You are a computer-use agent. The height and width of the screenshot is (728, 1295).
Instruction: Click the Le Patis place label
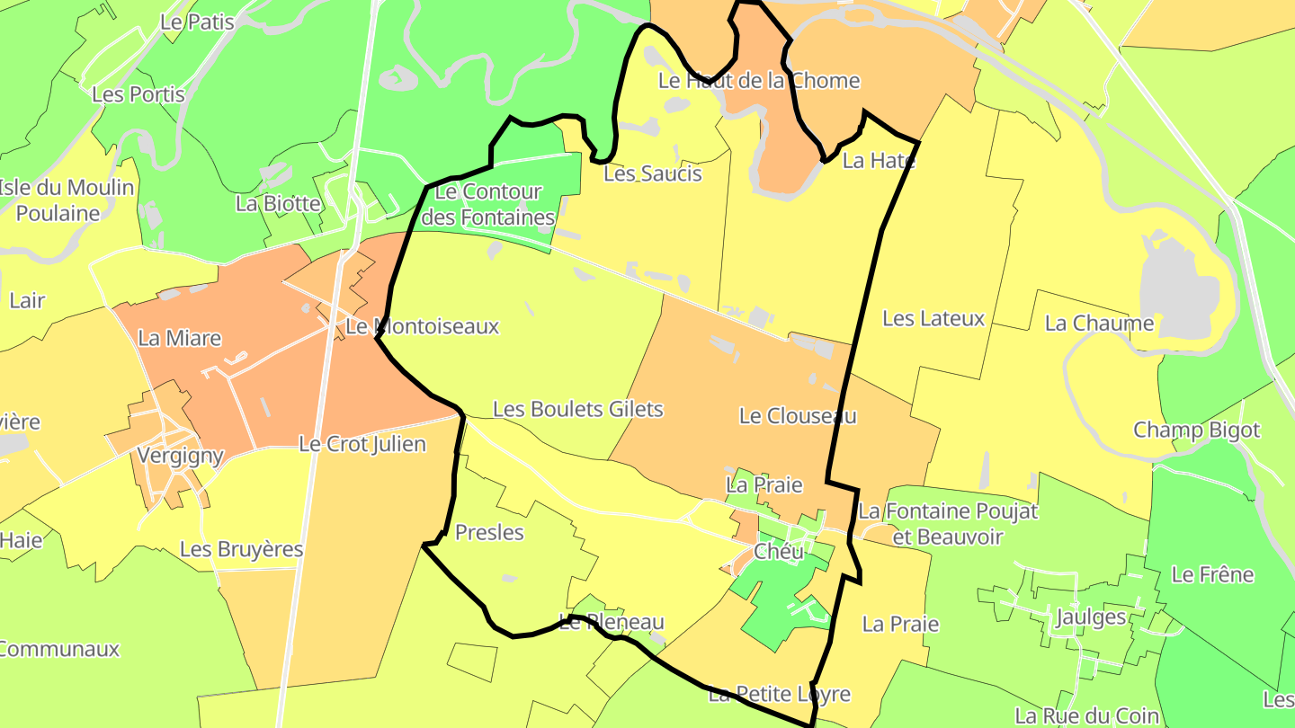coord(197,22)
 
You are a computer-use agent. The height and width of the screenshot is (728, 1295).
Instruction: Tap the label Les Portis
coord(138,94)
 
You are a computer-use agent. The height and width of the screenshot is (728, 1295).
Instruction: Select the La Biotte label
coord(278,203)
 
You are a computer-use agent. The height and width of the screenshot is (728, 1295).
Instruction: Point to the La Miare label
coord(180,338)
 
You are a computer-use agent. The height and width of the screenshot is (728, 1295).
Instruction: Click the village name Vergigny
coord(181,455)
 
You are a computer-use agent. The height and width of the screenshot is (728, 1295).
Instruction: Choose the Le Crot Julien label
coord(362,444)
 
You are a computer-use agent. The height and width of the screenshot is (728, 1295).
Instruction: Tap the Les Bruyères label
coord(241,549)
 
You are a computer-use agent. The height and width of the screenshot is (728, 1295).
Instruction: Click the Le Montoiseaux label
coord(422,326)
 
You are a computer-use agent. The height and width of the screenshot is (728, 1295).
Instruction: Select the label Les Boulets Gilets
coord(577,410)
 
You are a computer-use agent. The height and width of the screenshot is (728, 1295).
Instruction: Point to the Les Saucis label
coord(652,173)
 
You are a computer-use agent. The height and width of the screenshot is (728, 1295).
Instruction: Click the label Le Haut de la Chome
coord(759,81)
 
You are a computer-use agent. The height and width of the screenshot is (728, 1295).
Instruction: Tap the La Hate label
coord(879,162)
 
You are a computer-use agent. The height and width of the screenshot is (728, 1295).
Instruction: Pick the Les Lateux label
coord(933,318)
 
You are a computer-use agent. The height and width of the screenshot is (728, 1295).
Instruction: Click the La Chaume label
coord(1099,324)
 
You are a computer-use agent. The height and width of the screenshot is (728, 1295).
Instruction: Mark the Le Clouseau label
coord(798,416)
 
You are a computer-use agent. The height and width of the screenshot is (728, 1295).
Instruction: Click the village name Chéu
coord(779,552)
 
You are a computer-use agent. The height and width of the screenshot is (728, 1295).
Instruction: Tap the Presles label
coord(489,533)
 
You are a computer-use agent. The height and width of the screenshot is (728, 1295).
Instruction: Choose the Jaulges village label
coord(1091,617)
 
